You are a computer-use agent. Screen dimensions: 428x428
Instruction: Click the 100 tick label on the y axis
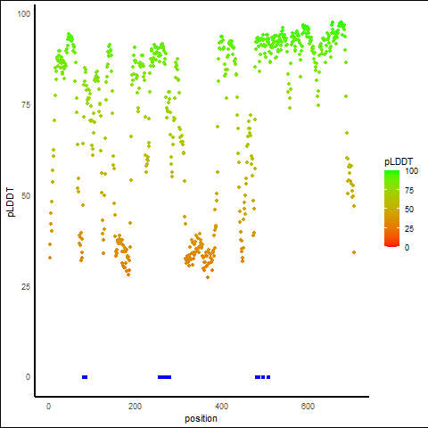[x=24, y=14]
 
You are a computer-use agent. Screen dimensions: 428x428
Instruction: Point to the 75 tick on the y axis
[x=26, y=105]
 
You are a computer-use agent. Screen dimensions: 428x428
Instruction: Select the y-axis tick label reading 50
[x=26, y=196]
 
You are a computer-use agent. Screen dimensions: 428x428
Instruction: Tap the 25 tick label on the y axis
[x=26, y=286]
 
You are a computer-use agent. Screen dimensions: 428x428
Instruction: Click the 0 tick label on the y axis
[x=28, y=377]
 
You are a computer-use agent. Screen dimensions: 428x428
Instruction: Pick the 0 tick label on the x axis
[x=48, y=406]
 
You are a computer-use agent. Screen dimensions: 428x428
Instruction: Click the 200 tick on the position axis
[x=135, y=406]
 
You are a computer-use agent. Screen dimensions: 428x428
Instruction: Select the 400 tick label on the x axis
[x=221, y=406]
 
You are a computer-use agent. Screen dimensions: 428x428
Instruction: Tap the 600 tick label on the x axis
[x=308, y=406]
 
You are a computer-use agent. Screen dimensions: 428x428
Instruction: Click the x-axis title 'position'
[x=201, y=419]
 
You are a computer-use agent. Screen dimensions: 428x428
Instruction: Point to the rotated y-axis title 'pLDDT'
[x=11, y=202]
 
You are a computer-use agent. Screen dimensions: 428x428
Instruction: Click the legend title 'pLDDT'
[x=399, y=161]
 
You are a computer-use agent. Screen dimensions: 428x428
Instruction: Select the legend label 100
[x=411, y=171]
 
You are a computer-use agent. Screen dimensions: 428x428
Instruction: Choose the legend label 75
[x=409, y=190]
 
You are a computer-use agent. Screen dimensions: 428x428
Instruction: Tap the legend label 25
[x=409, y=228]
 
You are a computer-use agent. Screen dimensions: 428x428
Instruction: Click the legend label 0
[x=407, y=247]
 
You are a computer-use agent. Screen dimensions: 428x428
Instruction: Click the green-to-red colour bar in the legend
[x=391, y=209]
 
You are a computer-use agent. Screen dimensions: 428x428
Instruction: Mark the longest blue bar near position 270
[x=164, y=377]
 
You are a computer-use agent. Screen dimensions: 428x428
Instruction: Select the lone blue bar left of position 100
[x=85, y=377]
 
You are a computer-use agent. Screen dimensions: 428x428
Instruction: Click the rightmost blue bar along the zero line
[x=268, y=377]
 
